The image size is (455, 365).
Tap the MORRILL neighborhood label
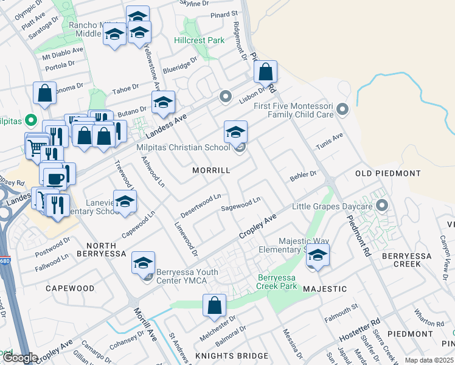pyautogui.click(x=211, y=170)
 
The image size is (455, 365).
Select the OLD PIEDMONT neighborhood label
pyautogui.click(x=387, y=173)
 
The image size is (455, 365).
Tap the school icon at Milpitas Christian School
pyautogui.click(x=235, y=131)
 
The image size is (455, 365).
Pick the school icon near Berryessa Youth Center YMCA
pyautogui.click(x=143, y=263)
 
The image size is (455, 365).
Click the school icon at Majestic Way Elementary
pyautogui.click(x=317, y=255)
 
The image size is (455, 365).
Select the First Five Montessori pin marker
pyautogui.click(x=342, y=109)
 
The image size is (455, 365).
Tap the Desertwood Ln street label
pyautogui.click(x=201, y=206)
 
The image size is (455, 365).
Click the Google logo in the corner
pyautogui.click(x=20, y=358)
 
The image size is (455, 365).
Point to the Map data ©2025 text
pyautogui.click(x=429, y=360)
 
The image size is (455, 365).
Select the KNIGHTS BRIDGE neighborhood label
pyautogui.click(x=231, y=355)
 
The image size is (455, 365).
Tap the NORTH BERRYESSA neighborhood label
pyautogui.click(x=102, y=253)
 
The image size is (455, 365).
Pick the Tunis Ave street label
pyautogui.click(x=330, y=142)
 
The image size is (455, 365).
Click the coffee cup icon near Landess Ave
pyautogui.click(x=55, y=178)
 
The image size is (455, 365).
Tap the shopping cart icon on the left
pyautogui.click(x=36, y=147)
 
